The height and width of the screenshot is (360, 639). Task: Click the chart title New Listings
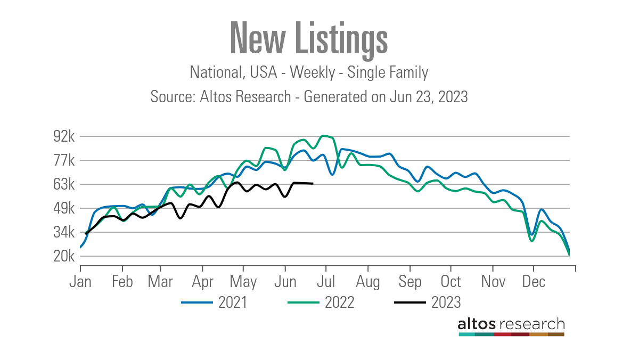308,38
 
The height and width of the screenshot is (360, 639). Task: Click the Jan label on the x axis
80,281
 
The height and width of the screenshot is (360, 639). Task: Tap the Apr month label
202,281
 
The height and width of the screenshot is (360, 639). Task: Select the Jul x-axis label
326,281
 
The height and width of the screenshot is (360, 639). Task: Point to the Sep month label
409,281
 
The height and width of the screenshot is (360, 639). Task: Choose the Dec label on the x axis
533,281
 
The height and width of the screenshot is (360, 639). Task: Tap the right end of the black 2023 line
313,184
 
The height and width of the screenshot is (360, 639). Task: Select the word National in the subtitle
215,72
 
